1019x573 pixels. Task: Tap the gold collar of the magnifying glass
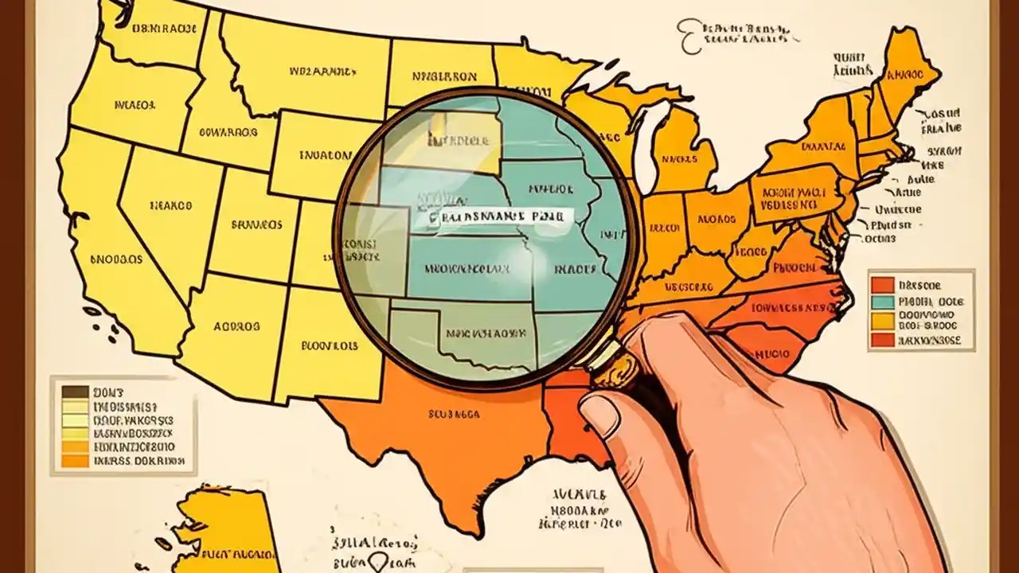point(617,368)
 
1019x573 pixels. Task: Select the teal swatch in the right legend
point(882,302)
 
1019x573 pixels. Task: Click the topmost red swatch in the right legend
point(882,284)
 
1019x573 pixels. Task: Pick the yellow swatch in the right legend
point(882,321)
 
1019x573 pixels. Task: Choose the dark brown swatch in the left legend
point(75,392)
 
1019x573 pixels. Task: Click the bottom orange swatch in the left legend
point(75,460)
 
